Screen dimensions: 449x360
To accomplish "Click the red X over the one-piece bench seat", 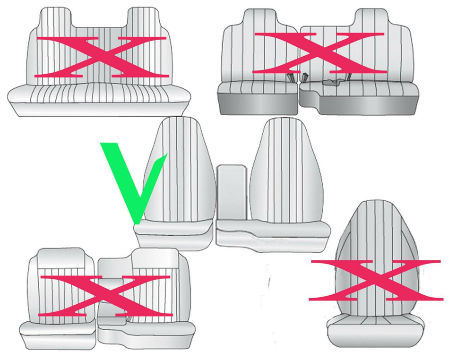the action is [101, 57].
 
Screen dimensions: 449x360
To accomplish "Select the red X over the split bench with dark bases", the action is [320, 52].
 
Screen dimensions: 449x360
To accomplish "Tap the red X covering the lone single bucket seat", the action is [375, 281].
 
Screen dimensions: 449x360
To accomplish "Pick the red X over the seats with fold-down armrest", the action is [105, 296].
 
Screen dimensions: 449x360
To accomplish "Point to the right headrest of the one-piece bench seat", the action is [144, 18].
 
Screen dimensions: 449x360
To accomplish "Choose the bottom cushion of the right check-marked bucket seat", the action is [274, 235].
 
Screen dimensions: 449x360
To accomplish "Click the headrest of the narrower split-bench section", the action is [260, 18].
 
